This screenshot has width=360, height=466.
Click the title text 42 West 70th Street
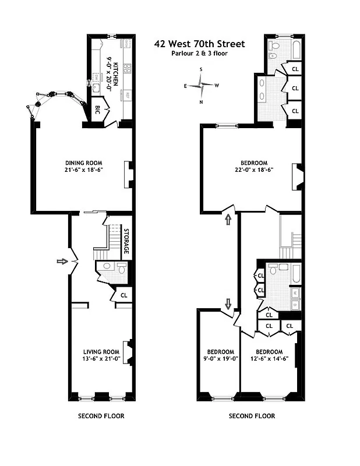coord(199,44)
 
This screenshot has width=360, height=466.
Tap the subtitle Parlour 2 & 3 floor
coord(199,54)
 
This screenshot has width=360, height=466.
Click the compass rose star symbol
coord(201,86)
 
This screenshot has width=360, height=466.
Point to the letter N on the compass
coord(201,102)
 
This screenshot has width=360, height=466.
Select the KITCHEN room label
coord(115,74)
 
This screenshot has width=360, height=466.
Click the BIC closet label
coord(98,109)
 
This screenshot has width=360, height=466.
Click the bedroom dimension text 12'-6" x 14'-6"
coord(269,359)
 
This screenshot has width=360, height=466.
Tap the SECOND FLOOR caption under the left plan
coord(101,416)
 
